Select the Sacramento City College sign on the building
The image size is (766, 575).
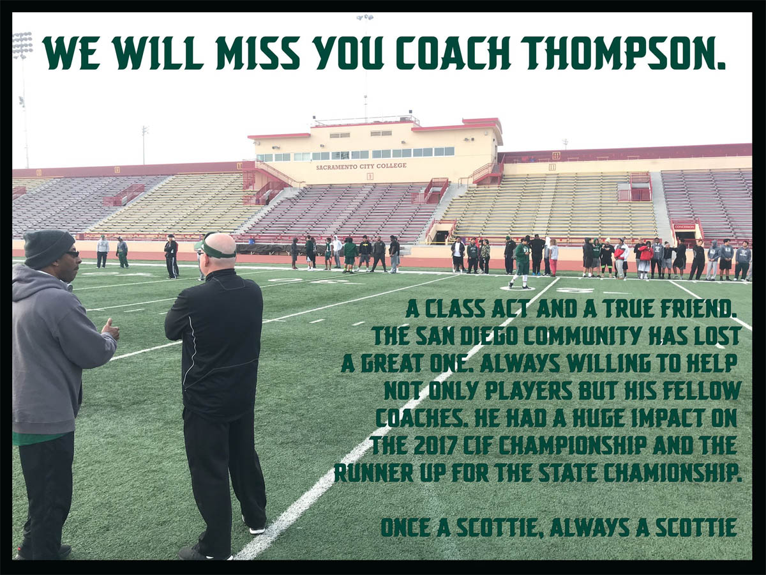click(x=361, y=166)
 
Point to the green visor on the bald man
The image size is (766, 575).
click(x=218, y=252)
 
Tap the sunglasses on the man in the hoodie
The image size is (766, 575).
click(x=73, y=254)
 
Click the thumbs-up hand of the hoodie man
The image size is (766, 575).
click(x=110, y=329)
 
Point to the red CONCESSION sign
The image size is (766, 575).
click(x=684, y=227)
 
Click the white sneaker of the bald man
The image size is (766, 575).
click(x=256, y=530)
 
